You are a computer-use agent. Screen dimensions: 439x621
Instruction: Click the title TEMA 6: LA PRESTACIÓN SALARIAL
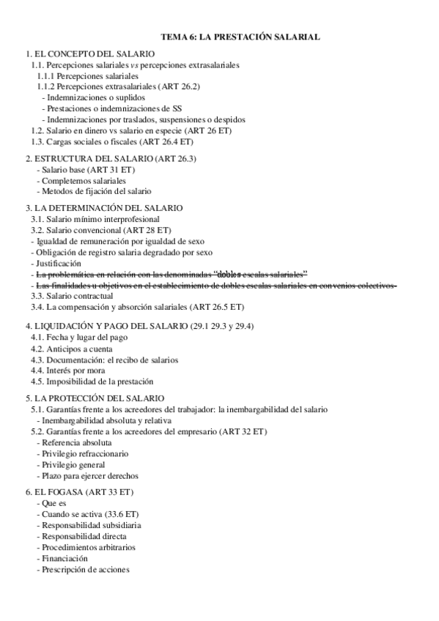click(240, 36)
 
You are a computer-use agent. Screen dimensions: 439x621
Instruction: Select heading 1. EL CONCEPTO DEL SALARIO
click(90, 54)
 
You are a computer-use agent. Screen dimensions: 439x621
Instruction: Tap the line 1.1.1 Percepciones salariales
click(88, 75)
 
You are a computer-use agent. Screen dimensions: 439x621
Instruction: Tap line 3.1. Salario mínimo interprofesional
click(95, 219)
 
